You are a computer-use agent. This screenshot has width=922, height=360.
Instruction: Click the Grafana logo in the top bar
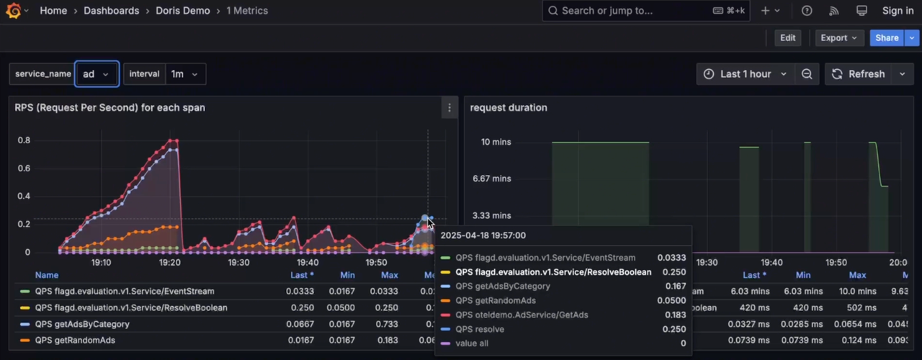13,11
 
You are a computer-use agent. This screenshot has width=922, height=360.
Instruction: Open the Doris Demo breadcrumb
183,11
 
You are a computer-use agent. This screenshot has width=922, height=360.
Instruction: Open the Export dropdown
838,38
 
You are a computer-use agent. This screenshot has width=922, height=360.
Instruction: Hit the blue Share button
887,38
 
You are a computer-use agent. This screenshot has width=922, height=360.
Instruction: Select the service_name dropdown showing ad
97,74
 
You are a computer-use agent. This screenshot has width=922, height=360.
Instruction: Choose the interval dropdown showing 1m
184,74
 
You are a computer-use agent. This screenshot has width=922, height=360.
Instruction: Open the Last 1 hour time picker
746,74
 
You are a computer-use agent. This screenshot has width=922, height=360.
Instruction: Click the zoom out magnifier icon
807,74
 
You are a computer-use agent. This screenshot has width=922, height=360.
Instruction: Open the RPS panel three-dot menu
449,108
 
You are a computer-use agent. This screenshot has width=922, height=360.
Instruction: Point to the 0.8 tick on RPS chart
24,140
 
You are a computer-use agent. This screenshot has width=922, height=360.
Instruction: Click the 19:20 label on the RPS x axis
170,263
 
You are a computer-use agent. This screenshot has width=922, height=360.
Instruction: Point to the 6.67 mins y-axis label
491,179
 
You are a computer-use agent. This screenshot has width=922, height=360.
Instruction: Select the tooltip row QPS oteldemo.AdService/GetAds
522,315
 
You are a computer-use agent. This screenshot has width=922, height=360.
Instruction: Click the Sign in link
898,11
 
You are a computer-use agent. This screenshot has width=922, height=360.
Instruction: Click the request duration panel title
509,108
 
